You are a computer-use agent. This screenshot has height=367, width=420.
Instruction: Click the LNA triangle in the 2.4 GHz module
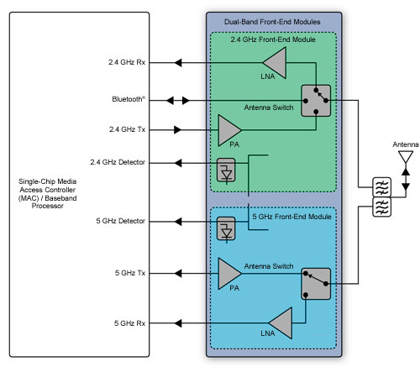point(273,61)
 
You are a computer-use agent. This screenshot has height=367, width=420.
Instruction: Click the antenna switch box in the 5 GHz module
point(316,284)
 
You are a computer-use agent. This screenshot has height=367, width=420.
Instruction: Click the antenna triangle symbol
point(404,158)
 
